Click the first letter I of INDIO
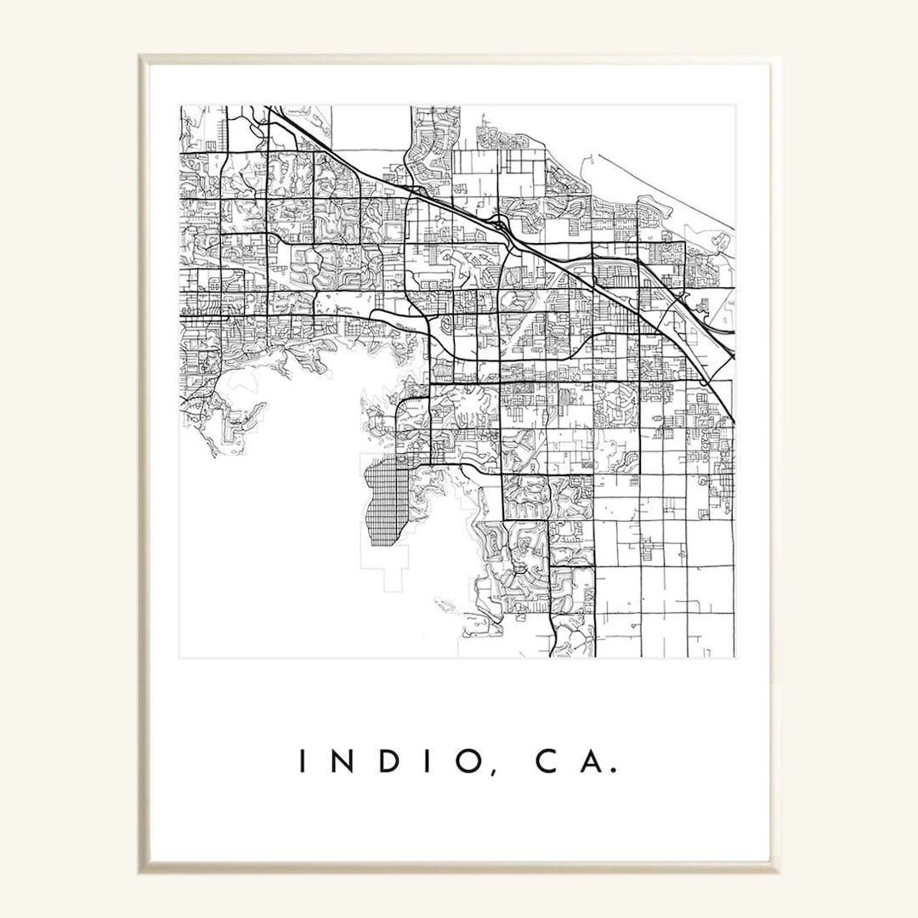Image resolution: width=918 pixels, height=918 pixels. [x=303, y=762]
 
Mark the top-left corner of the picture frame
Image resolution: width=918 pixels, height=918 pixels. [x=141, y=58]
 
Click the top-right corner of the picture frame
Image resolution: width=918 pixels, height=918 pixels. [x=777, y=58]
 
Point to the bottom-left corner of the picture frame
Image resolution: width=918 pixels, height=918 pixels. [x=141, y=870]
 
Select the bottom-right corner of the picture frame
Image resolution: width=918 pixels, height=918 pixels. [x=777, y=870]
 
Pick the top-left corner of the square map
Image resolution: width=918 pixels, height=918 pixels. [x=179, y=105]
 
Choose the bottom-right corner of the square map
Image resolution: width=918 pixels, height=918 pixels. [x=735, y=657]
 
